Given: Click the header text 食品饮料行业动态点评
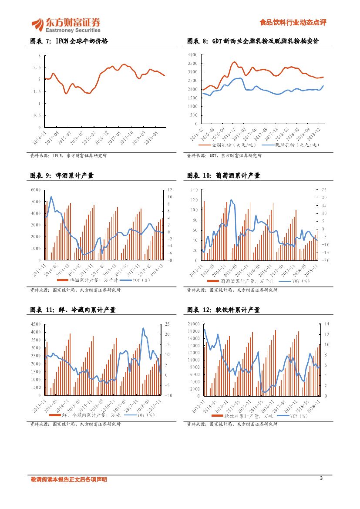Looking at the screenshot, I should pyautogui.click(x=293, y=23).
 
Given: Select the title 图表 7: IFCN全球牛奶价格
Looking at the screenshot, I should pyautogui.click(x=68, y=41).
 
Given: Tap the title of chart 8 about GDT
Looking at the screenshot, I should pyautogui.click(x=253, y=41).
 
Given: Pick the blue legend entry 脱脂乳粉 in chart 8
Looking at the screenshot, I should pyautogui.click(x=292, y=145).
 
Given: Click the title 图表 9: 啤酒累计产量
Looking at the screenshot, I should pyautogui.click(x=62, y=176).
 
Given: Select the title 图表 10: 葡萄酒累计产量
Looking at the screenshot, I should pyautogui.click(x=223, y=176).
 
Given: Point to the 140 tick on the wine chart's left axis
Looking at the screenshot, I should pyautogui.click(x=193, y=190).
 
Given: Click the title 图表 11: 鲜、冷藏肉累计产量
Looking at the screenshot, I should pyautogui.click(x=73, y=310).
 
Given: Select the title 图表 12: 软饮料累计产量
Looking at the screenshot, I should pyautogui.click(x=223, y=310).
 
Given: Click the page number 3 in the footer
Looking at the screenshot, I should pyautogui.click(x=321, y=479).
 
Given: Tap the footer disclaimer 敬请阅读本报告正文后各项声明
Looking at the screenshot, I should pyautogui.click(x=68, y=479).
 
